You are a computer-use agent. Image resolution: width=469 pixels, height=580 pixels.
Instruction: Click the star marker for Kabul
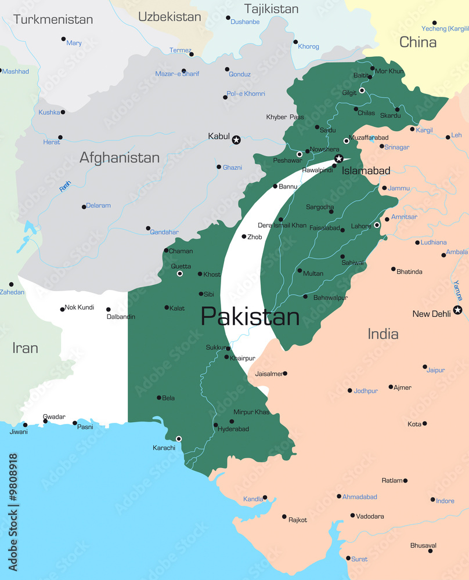pos(236,140)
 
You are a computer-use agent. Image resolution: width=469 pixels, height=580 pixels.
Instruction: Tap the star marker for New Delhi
pos(457,310)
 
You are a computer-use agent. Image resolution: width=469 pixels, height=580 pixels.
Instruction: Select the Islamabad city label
pos(366,171)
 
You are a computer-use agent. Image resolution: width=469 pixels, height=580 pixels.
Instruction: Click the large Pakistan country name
pos(250,317)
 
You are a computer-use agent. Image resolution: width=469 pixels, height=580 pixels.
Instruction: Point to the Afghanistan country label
pos(119,157)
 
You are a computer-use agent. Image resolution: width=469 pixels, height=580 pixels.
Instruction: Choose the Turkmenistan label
pos(53,19)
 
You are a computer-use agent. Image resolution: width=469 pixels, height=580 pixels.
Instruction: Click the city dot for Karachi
pos(179,438)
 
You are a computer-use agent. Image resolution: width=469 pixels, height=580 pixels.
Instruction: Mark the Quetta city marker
pos(180,273)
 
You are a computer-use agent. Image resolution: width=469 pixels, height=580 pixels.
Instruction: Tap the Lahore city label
pos(362,226)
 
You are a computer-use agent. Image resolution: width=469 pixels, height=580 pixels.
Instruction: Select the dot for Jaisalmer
pos(285,374)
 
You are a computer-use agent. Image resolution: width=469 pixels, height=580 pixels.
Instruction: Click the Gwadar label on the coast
pos(54,416)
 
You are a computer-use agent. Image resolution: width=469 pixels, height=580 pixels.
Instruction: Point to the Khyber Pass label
pos(284,117)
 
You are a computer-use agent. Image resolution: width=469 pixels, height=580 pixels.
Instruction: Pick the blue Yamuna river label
pos(458,290)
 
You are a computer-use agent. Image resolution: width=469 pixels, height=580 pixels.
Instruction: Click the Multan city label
pos(313,273)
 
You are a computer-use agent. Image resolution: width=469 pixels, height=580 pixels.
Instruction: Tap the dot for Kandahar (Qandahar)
pos(148,228)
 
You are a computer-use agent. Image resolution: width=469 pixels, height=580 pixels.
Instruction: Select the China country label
pos(418,42)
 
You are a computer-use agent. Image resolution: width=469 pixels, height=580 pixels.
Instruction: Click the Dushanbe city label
pos(245,21)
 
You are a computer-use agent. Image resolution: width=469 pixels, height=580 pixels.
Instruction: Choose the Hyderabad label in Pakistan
pos(233,429)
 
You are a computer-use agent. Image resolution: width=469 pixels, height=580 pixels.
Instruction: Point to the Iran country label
pos(25,348)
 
